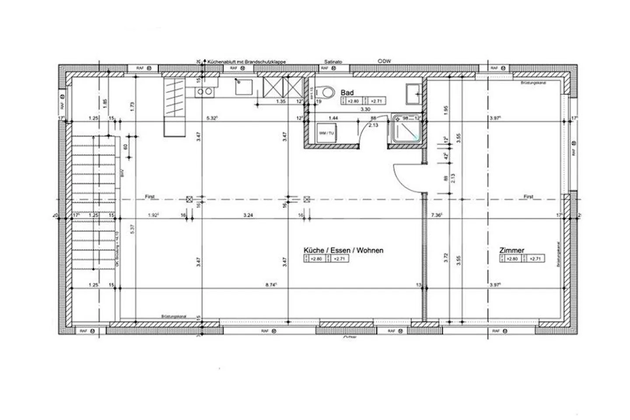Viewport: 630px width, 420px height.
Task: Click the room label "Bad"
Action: click(347, 93)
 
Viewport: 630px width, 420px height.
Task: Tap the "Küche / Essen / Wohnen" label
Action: click(343, 250)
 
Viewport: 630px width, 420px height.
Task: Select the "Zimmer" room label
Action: click(512, 250)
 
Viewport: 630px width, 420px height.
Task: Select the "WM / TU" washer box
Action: click(326, 133)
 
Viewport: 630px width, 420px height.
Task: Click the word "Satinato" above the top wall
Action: click(333, 62)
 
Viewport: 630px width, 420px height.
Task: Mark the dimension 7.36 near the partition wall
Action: click(436, 215)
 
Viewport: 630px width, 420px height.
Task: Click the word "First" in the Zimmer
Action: click(528, 197)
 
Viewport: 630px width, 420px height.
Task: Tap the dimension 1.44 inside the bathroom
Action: click(333, 118)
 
